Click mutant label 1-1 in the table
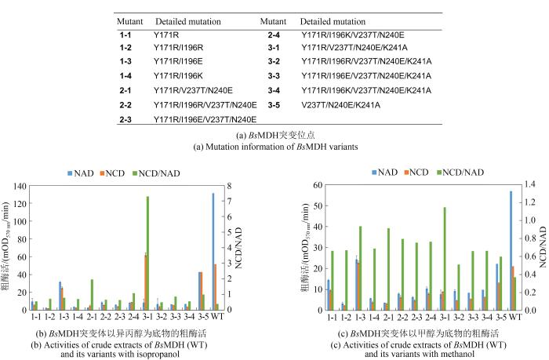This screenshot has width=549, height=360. point(125,35)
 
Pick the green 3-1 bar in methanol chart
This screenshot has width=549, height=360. point(445,259)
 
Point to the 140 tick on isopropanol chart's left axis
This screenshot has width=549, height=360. point(17,186)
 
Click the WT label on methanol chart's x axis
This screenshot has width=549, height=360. point(514,317)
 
